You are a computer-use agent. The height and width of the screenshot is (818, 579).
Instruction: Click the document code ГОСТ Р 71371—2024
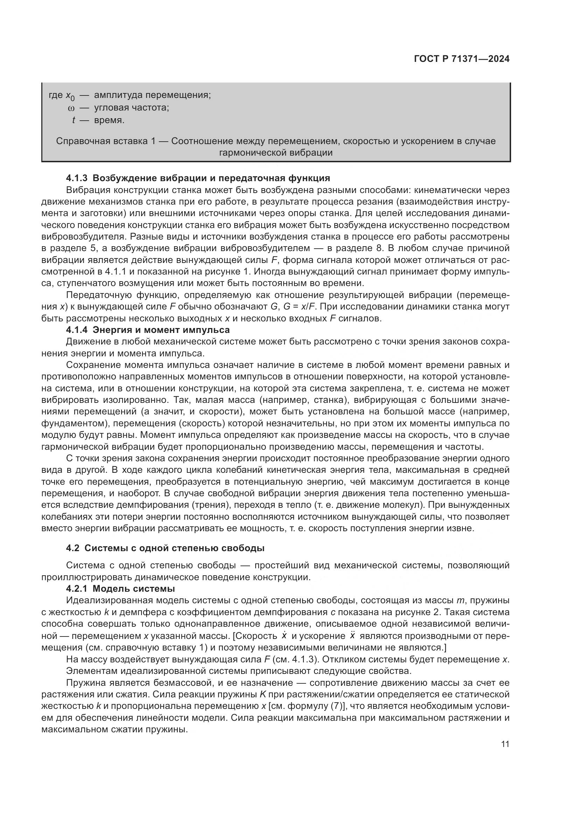(x=461, y=59)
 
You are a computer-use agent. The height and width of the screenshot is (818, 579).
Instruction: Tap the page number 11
(x=505, y=744)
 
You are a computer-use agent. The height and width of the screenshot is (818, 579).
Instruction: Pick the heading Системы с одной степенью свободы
(x=174, y=548)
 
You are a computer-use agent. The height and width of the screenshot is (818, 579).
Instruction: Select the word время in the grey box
(x=109, y=120)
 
